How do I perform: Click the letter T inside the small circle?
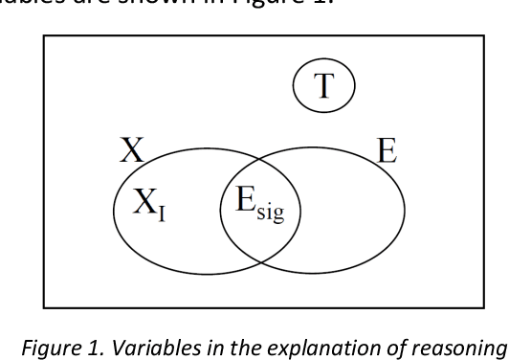[323, 87]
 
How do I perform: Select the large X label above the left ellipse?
[131, 150]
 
